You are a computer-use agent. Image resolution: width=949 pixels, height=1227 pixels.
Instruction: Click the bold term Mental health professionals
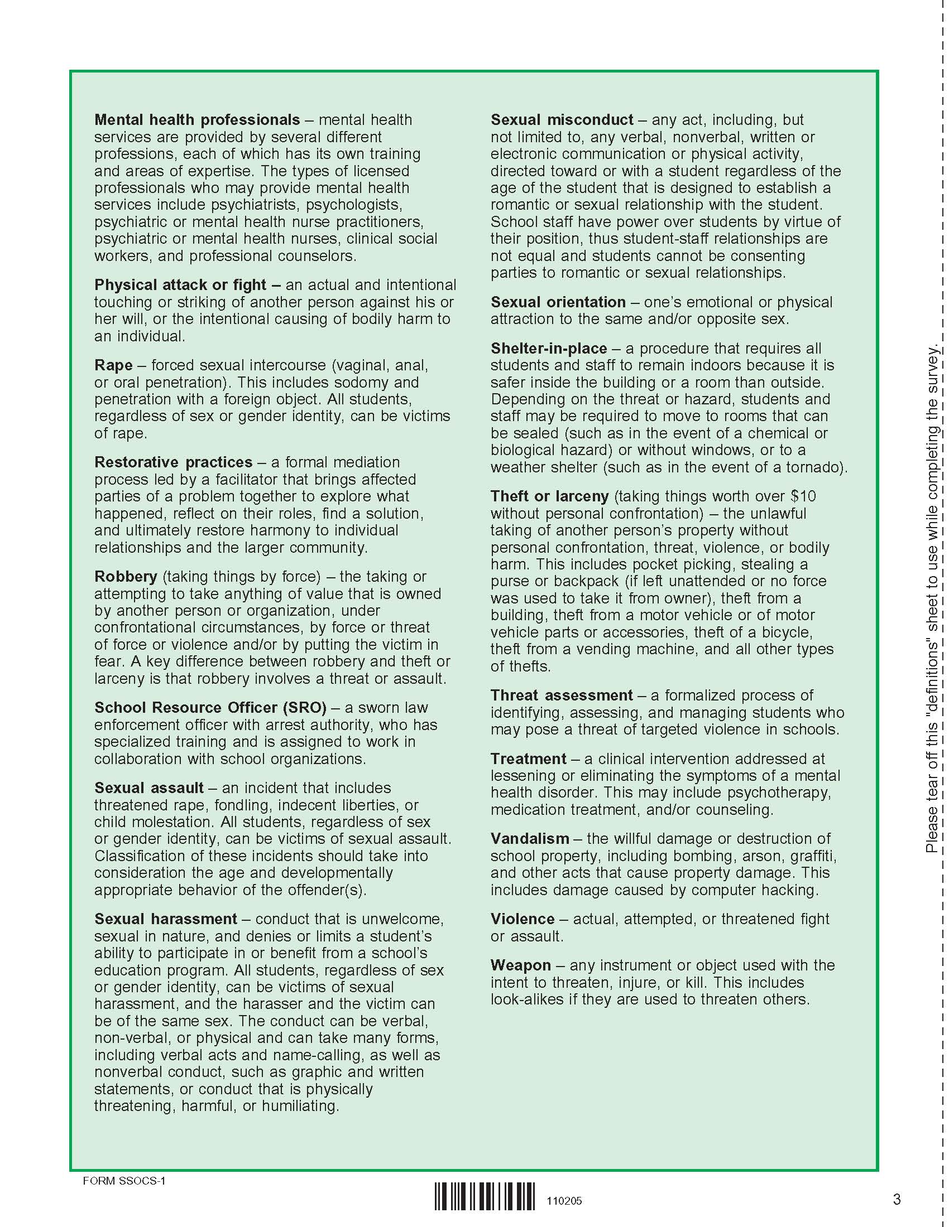click(196, 120)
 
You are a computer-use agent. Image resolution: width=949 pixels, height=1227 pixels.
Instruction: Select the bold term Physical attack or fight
click(180, 285)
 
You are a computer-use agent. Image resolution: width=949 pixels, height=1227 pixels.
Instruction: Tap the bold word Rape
click(113, 365)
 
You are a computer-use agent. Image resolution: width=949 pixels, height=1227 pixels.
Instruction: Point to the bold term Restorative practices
click(173, 462)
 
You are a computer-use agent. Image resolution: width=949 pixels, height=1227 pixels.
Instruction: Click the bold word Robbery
click(126, 577)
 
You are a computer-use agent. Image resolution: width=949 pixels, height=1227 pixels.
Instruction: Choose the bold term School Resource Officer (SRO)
click(210, 707)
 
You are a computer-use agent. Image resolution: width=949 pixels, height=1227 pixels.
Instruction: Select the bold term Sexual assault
click(149, 788)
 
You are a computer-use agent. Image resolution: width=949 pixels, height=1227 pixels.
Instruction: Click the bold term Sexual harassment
click(165, 919)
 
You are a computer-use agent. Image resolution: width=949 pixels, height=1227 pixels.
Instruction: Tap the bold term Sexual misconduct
click(562, 120)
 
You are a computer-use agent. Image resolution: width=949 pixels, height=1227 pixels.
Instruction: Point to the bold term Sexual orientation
click(558, 302)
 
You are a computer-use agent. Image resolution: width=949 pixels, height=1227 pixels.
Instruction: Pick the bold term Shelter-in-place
click(549, 349)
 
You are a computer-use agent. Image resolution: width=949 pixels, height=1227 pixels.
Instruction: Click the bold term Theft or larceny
click(549, 496)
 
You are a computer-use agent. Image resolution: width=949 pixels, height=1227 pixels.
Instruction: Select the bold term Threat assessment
click(562, 695)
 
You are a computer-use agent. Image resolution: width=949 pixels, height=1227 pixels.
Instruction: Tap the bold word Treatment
click(528, 759)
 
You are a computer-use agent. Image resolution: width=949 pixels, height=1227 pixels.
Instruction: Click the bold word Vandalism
click(530, 838)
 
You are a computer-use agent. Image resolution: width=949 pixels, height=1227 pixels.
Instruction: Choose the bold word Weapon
click(521, 965)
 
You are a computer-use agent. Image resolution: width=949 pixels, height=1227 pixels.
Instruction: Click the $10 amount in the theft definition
click(803, 496)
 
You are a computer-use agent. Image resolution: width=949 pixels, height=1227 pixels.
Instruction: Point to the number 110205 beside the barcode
click(564, 1201)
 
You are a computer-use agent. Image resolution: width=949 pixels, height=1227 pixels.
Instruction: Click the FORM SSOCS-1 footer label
click(124, 1180)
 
